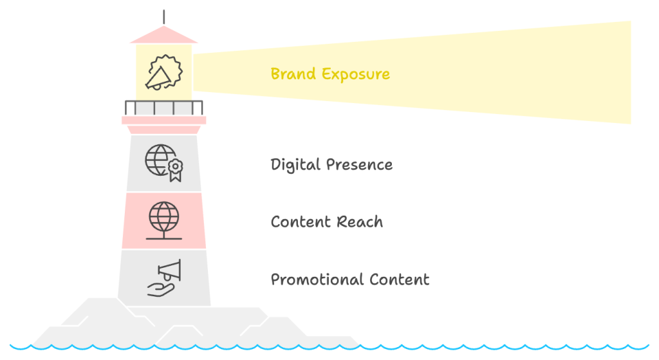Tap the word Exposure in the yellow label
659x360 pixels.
[356, 75]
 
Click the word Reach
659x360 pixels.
[360, 222]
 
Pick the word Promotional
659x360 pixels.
[312, 279]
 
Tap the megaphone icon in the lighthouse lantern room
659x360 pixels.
[163, 72]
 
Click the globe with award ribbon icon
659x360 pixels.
[164, 163]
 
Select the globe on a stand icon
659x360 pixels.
[164, 220]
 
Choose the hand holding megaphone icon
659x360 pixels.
[164, 278]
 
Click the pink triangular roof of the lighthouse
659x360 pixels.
[164, 36]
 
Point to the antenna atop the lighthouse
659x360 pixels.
[164, 17]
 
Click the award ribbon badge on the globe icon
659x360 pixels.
[175, 170]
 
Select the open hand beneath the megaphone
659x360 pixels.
[160, 289]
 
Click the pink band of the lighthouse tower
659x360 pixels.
[164, 221]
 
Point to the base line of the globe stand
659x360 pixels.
[164, 238]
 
